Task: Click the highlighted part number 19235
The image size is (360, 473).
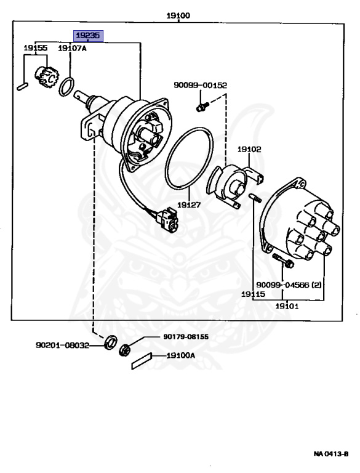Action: [88, 36]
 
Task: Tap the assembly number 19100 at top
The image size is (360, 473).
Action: [178, 15]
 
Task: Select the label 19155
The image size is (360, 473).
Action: [36, 48]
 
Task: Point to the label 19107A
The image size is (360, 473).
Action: [72, 48]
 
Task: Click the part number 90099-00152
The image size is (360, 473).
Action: [200, 86]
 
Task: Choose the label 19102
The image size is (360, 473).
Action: [249, 149]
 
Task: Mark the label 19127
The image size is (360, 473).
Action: [189, 205]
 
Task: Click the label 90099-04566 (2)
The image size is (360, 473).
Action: [289, 285]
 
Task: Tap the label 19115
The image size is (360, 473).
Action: [253, 294]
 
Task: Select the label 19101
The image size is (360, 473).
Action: [287, 306]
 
